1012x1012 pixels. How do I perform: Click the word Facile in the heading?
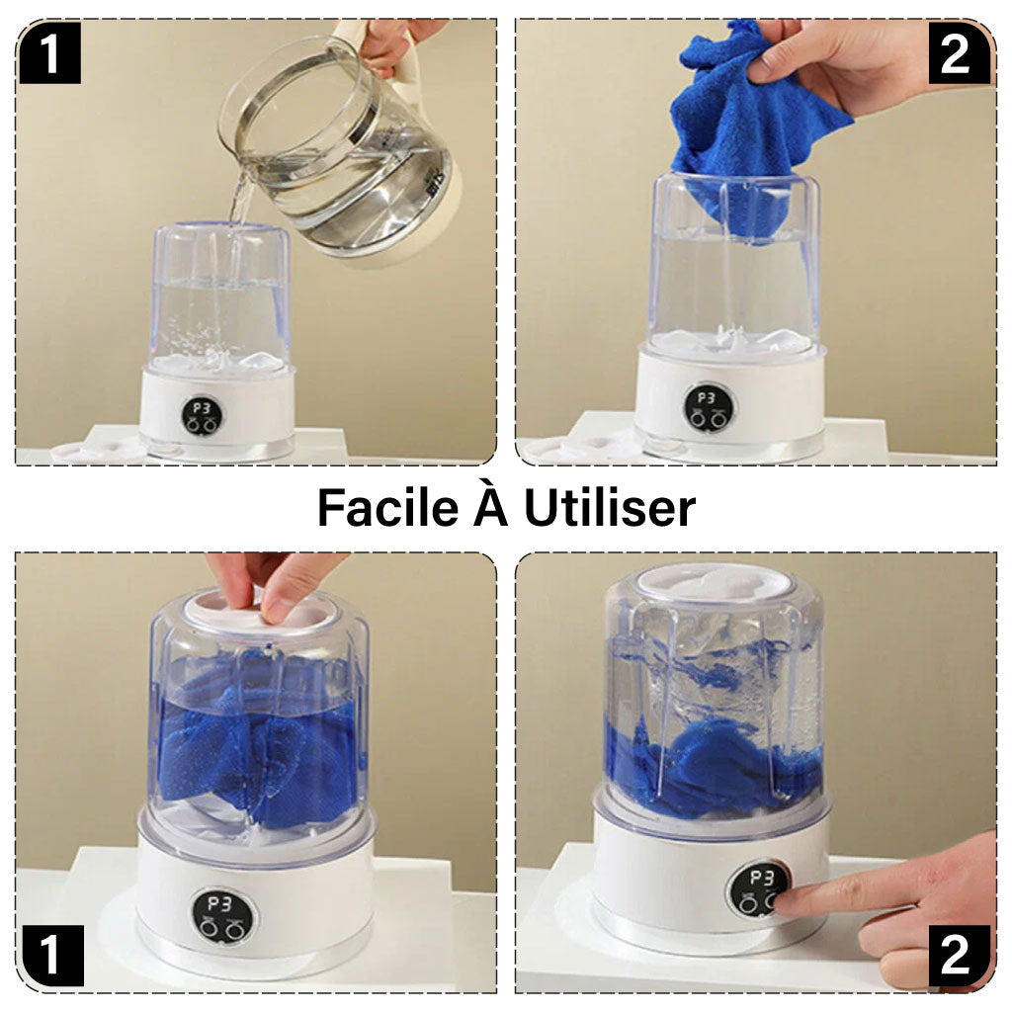pos(380,508)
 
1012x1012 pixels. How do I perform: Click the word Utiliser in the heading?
pos(609,508)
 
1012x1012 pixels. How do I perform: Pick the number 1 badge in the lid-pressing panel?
pos(48,956)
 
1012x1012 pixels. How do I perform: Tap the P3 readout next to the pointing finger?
pos(761,878)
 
